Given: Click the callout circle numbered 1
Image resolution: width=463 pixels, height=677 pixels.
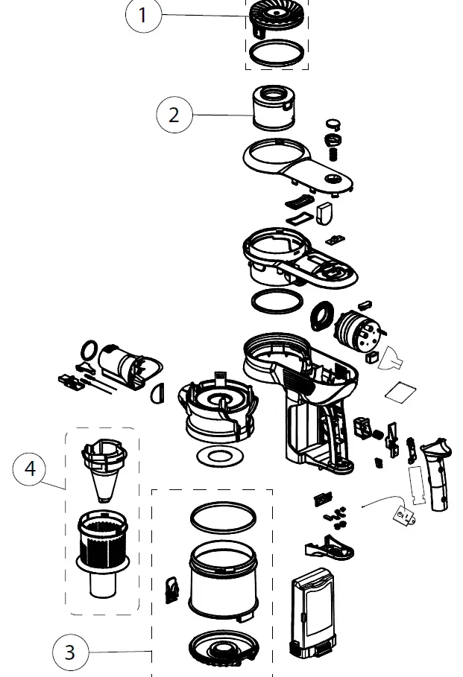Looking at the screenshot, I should [142, 16].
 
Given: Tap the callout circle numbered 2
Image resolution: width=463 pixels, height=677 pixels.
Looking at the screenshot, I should [174, 115].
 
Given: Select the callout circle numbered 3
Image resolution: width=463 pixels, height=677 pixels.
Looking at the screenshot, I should [70, 653].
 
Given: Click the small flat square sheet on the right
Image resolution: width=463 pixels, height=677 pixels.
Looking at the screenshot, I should [400, 390].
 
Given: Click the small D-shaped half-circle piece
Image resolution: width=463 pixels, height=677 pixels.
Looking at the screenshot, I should [157, 392].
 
